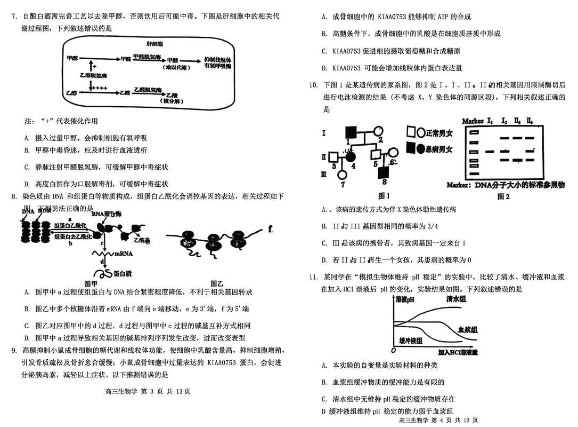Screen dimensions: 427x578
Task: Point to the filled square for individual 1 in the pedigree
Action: pyautogui.click(x=352, y=131)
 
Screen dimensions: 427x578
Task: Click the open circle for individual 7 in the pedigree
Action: pyautogui.click(x=343, y=177)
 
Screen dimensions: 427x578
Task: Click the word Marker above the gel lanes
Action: pyautogui.click(x=472, y=121)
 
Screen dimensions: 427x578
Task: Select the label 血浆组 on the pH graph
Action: pyautogui.click(x=468, y=330)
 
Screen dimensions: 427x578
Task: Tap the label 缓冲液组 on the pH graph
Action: pyautogui.click(x=411, y=341)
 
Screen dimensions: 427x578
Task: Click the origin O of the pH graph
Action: pyautogui.click(x=393, y=351)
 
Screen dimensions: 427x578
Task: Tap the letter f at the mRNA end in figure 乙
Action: pyautogui.click(x=271, y=230)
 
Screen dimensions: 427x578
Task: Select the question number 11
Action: pyautogui.click(x=313, y=278)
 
